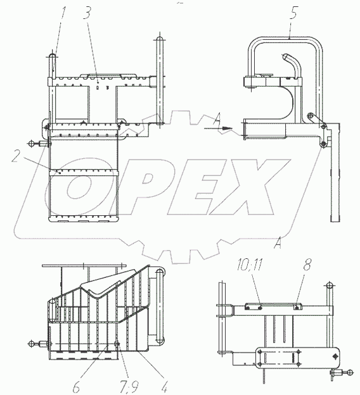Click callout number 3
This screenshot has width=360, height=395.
(87, 13)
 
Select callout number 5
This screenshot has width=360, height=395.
(293, 13)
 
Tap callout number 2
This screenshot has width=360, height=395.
(16, 156)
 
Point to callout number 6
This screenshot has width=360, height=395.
(77, 386)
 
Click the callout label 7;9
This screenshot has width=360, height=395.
(129, 386)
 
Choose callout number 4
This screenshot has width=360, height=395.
(165, 386)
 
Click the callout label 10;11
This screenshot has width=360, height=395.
(250, 265)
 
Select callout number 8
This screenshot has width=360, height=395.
(307, 265)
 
